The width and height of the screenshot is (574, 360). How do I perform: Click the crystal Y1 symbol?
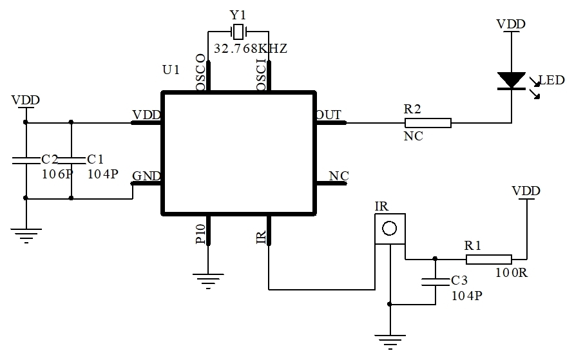(x=238, y=32)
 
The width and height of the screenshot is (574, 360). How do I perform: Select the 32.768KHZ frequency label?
(x=251, y=49)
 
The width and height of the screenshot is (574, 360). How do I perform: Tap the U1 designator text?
(x=171, y=70)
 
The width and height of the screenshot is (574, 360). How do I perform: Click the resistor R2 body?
(x=428, y=123)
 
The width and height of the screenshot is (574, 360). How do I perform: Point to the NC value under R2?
(x=414, y=136)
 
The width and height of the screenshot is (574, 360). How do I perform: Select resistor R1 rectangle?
(x=489, y=260)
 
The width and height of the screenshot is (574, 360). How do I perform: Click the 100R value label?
(x=512, y=272)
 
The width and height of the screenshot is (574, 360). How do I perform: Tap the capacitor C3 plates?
(x=435, y=281)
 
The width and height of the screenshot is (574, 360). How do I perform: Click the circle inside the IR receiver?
(x=389, y=229)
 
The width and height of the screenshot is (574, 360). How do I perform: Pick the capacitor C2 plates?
(x=26, y=160)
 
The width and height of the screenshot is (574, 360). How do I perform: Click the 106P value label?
(x=58, y=174)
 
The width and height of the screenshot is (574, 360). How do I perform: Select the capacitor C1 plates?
(x=71, y=160)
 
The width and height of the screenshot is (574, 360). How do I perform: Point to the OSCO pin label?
(x=200, y=72)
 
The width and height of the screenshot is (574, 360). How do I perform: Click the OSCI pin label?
(x=262, y=75)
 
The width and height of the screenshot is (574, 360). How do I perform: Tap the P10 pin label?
(x=200, y=233)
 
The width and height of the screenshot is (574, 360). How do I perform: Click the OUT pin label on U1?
(x=329, y=115)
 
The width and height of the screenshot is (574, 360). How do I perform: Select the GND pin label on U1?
(x=146, y=176)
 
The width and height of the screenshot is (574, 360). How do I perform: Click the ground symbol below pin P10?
(x=208, y=281)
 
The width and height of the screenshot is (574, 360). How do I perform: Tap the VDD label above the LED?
(x=511, y=24)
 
